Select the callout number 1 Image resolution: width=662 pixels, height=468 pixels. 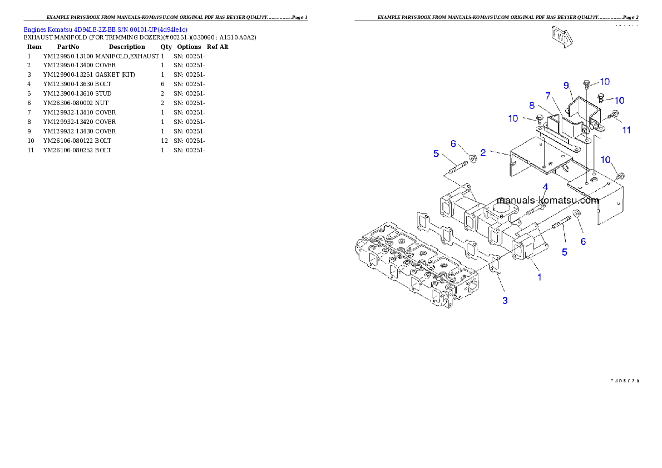(539, 276)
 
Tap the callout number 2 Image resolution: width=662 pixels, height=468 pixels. (483, 152)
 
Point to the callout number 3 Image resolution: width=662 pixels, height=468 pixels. (505, 301)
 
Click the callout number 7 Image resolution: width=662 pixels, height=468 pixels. (548, 95)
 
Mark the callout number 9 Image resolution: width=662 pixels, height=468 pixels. (566, 85)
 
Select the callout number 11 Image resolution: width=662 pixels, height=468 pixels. (626, 130)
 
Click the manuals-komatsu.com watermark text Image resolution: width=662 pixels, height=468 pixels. (547, 201)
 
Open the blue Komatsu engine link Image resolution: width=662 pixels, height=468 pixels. (105, 29)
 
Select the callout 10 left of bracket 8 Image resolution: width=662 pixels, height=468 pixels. (513, 118)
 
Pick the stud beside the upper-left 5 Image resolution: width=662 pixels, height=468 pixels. (456, 166)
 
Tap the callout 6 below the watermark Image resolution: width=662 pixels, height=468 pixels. (583, 241)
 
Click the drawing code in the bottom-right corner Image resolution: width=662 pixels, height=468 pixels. (624, 381)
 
